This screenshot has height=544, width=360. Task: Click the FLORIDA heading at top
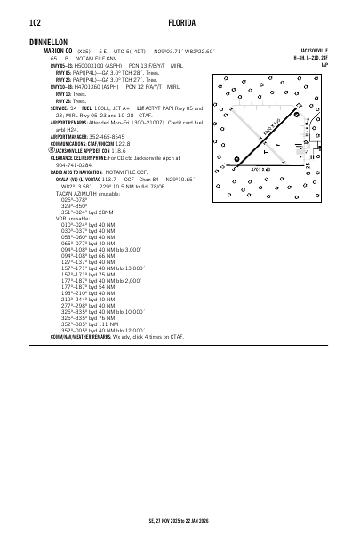(180, 21)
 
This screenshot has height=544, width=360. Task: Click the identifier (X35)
(85, 52)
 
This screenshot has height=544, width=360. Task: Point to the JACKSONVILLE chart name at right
(316, 52)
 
